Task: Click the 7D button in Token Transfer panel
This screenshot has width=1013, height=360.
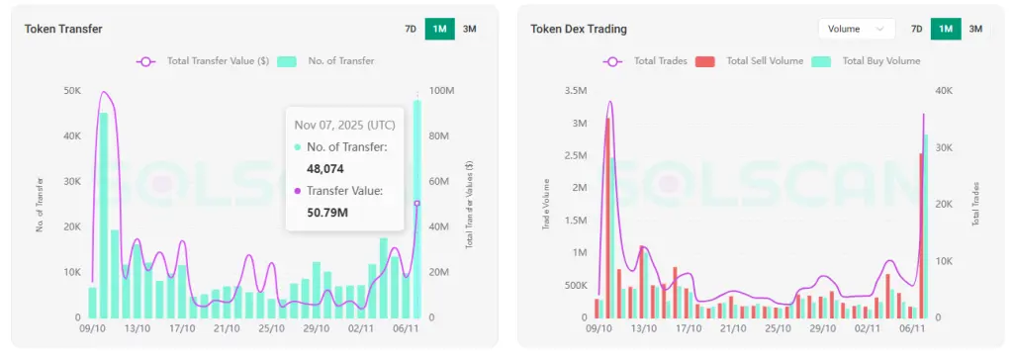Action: point(411,29)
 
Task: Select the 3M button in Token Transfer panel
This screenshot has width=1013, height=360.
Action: point(469,29)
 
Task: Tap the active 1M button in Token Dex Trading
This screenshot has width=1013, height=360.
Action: point(946,29)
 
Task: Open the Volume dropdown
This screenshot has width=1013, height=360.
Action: point(856,29)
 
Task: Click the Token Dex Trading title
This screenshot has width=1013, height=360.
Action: point(579,30)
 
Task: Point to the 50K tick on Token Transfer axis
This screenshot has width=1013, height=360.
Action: point(72,90)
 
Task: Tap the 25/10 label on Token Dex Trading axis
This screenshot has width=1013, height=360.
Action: point(779,328)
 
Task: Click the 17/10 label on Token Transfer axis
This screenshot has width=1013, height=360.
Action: point(182,328)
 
